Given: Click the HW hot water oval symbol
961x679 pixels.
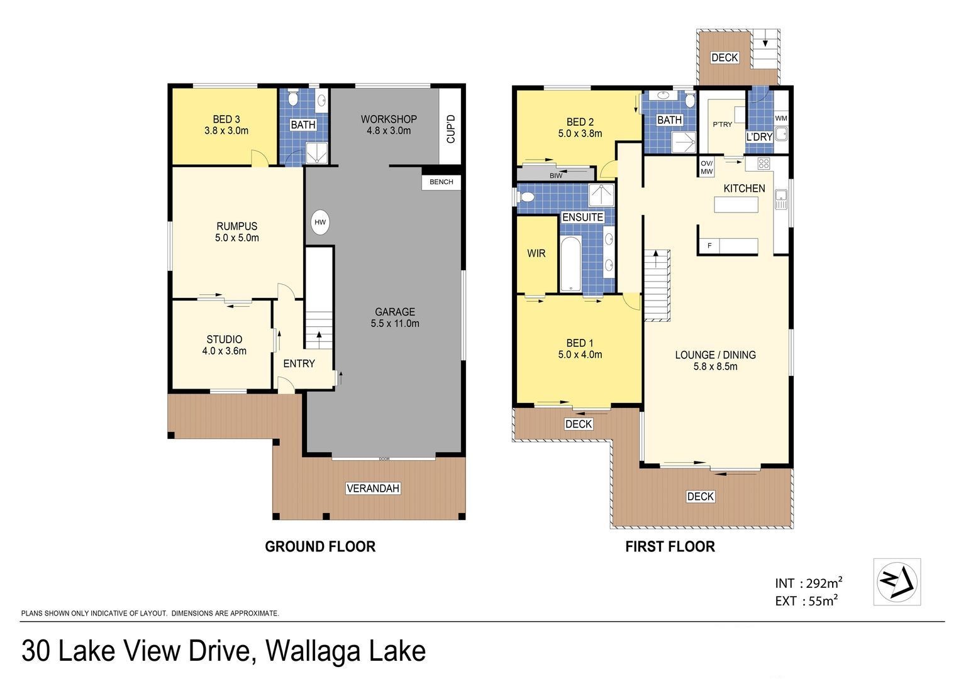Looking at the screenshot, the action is pos(320,222).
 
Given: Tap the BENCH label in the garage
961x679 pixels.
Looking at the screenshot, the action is pos(441,182).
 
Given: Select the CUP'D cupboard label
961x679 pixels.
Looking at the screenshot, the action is pos(450,129).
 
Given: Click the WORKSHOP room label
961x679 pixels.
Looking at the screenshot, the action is pos(389,119).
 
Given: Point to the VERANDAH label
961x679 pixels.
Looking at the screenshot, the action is pos(373,488).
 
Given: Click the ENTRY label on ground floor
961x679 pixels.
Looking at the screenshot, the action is pos(299,364).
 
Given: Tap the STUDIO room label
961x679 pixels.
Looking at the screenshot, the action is pos(225,339).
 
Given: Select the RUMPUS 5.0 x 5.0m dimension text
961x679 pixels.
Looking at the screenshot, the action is pos(237,238).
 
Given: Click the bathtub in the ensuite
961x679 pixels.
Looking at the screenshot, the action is pos(570,263).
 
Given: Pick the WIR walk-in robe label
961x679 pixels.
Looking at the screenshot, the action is pos(536,253).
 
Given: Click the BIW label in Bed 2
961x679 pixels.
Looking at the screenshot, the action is pos(556,175).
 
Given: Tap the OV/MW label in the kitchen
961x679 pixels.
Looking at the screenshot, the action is pos(706,167).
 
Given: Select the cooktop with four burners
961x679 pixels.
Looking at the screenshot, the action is pos(764,163).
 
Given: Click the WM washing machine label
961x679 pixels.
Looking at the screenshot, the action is pos(781,118).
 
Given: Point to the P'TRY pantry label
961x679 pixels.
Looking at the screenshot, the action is pos(723,124).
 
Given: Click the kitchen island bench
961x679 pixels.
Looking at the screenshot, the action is pos(736,204).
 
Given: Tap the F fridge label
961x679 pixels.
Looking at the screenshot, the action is pos(709,246).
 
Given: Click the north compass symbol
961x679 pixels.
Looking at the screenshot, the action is pos(897,582).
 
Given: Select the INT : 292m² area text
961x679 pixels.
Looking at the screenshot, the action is pos(809,583).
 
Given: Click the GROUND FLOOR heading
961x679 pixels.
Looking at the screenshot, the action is pos(320,546).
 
